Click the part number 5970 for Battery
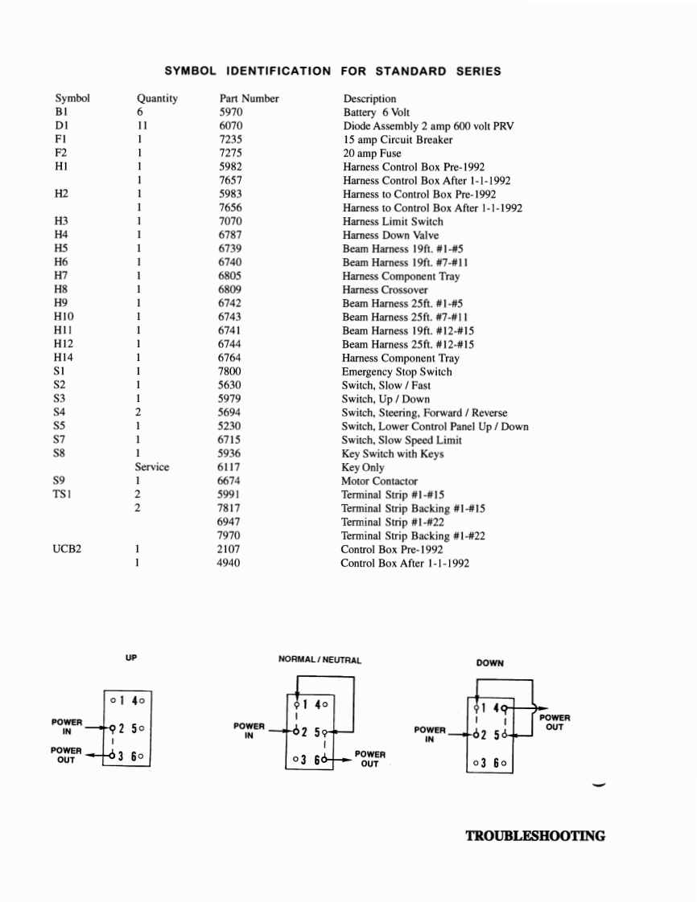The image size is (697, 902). [x=230, y=113]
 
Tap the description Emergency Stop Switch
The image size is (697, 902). [x=397, y=372]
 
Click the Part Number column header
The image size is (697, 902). [x=249, y=99]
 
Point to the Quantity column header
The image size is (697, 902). [x=157, y=99]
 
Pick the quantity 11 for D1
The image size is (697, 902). [x=142, y=126]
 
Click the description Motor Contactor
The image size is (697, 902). [x=379, y=482]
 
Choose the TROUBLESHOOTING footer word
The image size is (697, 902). [x=535, y=836]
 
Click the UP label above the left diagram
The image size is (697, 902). [x=131, y=658]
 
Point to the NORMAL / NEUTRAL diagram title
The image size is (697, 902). [x=320, y=660]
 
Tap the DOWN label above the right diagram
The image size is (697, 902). [x=489, y=663]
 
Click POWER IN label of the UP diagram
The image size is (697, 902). [x=67, y=727]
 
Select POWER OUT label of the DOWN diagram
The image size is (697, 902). [x=555, y=722]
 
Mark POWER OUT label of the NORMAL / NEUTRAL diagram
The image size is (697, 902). [x=369, y=759]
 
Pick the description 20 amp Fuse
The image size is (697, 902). [x=372, y=154]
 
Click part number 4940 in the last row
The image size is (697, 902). [x=229, y=564]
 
